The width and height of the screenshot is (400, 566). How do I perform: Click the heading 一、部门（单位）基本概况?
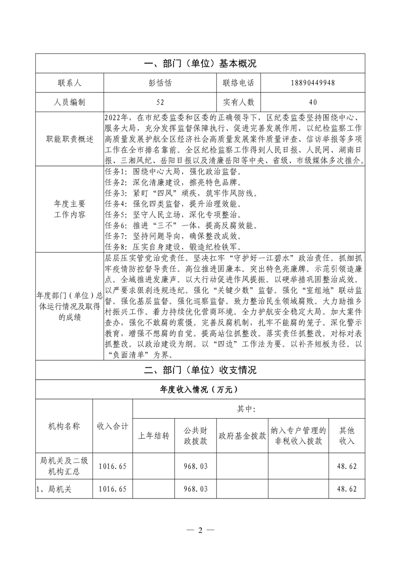tap(200, 64)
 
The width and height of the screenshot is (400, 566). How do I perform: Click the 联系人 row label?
tap(70, 83)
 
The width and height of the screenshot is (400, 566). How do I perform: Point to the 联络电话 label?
tap(239, 83)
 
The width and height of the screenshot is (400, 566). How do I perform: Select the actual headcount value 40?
tap(313, 102)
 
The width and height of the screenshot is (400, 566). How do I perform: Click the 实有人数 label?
tap(239, 102)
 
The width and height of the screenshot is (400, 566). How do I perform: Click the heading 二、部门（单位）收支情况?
tap(200, 370)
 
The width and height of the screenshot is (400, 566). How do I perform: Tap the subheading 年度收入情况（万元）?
tap(200, 389)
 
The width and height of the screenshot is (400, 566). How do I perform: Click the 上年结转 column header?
tap(153, 435)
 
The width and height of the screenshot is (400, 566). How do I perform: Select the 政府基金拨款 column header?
tap(242, 435)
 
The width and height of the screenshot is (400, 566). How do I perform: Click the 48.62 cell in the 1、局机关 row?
tap(347, 489)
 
